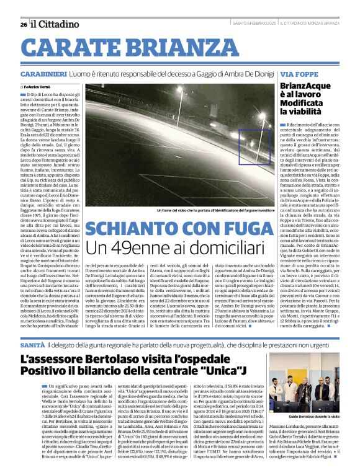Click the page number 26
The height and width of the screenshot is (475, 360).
coord(23,25)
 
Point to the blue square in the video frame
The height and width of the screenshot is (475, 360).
coord(254,147)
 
